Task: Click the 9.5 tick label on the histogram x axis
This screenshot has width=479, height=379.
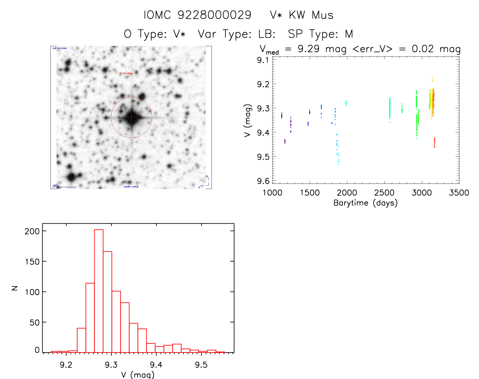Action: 201,365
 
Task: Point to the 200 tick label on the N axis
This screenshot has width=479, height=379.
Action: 32,231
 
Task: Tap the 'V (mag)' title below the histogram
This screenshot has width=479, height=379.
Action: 138,375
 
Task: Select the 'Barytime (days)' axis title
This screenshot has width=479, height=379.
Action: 365,203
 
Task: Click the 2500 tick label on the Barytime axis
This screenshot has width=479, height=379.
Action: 384,193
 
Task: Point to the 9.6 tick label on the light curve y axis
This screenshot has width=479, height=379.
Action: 263,181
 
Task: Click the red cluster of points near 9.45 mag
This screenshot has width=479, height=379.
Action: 434,143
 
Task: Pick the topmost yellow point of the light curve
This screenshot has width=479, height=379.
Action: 432,75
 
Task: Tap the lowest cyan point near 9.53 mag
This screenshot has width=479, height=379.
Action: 339,164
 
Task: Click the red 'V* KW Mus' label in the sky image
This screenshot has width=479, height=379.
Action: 126,74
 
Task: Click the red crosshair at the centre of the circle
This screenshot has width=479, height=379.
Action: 131,117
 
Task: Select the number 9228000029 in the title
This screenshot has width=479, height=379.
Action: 214,15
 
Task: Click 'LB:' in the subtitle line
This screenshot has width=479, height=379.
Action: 267,34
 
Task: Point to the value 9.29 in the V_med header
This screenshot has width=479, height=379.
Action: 308,49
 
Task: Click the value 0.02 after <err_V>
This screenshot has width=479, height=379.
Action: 423,49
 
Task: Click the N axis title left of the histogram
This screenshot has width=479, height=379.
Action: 15,288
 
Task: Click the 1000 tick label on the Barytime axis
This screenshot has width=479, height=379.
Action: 272,193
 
